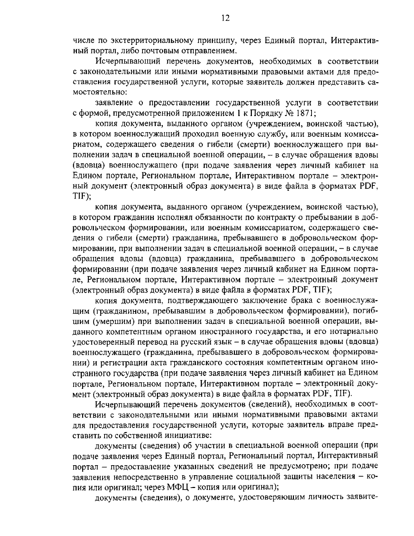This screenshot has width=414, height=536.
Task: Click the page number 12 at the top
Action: point(225,18)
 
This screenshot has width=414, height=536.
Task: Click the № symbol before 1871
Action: point(287,113)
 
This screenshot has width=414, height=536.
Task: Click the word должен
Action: point(305,82)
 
